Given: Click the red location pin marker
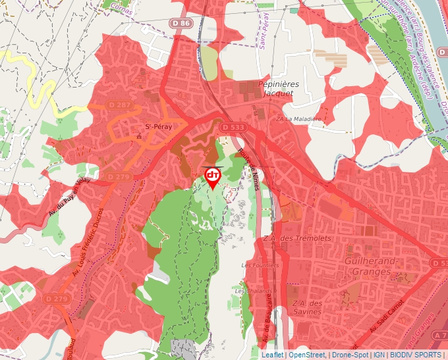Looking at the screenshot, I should [x=213, y=176].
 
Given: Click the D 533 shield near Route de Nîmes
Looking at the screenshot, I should [x=233, y=127].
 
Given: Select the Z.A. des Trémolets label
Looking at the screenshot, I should [x=287, y=238].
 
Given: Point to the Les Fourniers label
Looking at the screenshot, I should [x=260, y=265].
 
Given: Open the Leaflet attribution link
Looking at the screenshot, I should [x=273, y=355].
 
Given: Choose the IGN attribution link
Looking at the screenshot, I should [x=379, y=355].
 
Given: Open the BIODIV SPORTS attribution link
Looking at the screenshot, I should [x=415, y=355].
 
